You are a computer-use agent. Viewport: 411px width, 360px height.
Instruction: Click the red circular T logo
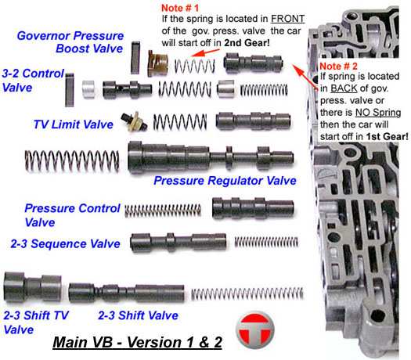pos(255,329)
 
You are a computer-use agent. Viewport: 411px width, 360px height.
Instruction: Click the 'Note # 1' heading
pos(180,8)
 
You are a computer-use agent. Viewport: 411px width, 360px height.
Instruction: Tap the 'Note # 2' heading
pos(338,66)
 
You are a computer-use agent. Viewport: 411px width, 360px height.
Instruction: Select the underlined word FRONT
pos(287,19)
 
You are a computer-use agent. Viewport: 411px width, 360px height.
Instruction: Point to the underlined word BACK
pos(344,88)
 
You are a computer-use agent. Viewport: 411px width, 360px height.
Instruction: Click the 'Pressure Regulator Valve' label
pos(225,181)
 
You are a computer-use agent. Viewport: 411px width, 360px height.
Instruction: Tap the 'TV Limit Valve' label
pos(74,124)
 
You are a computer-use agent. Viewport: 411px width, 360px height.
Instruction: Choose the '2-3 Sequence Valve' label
pos(65,243)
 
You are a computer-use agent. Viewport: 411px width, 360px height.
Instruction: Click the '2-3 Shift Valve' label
pos(138,315)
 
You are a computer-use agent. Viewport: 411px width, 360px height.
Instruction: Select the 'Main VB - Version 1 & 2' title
pos(137,342)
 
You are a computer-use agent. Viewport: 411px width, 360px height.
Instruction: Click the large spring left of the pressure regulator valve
pos(72,161)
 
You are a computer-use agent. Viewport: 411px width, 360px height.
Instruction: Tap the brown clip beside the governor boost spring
pos(157,63)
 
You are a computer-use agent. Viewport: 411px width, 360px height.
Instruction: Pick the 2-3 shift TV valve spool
pos(33,287)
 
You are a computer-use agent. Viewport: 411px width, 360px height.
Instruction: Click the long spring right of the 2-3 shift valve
pos(247,293)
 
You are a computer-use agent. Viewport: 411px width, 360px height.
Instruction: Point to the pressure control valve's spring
pos(163,211)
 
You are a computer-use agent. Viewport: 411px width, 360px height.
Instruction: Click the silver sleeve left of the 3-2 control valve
pos(88,89)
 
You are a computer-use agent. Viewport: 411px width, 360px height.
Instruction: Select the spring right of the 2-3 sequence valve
pos(266,242)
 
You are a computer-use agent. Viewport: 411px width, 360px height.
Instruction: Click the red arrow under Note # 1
pos(205,52)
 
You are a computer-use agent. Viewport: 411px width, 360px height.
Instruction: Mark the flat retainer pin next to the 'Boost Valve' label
pos(135,57)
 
